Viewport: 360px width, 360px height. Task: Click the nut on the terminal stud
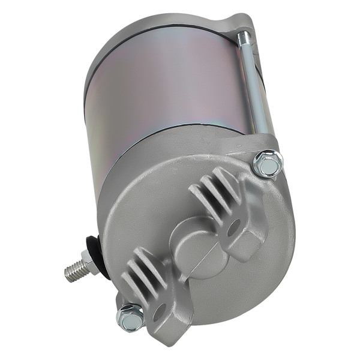[x=88, y=262]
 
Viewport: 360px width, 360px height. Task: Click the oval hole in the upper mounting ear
[x=233, y=227]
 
